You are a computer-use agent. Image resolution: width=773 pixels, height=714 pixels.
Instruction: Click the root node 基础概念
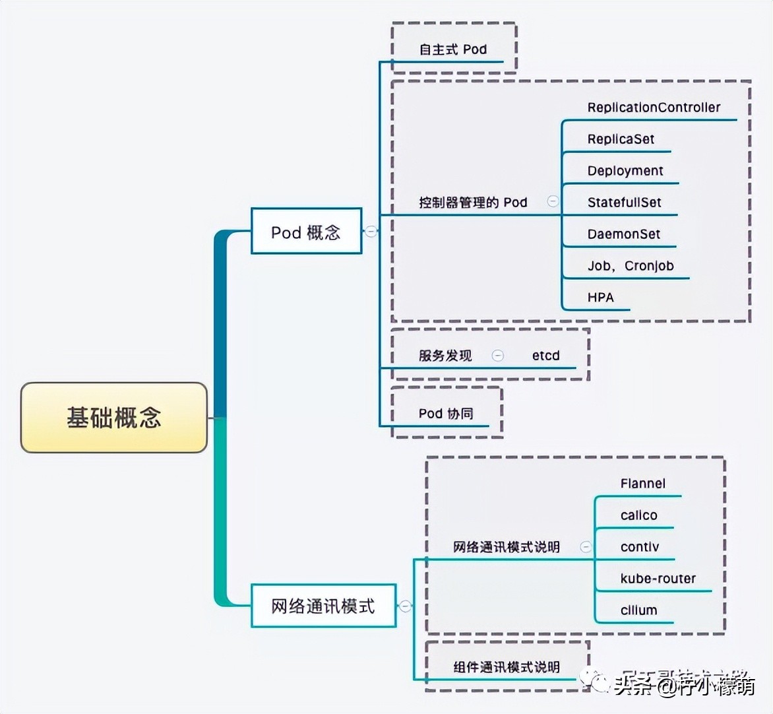click(x=114, y=418)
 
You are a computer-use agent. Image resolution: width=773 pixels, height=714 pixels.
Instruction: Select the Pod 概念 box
click(x=306, y=232)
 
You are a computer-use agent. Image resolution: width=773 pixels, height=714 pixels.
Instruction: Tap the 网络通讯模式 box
click(x=323, y=606)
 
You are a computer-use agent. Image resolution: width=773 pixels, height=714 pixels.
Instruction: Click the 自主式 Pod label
click(x=452, y=49)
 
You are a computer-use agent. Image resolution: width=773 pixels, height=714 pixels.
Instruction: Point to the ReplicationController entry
click(x=654, y=108)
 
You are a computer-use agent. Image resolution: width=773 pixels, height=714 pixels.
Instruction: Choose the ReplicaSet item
click(x=621, y=139)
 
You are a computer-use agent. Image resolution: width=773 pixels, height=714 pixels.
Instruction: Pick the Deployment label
click(x=625, y=171)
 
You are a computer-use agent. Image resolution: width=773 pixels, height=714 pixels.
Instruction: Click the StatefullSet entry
click(x=624, y=203)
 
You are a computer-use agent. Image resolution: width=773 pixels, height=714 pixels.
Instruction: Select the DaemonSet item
click(x=623, y=234)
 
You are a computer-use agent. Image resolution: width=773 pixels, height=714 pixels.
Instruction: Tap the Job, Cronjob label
click(x=631, y=266)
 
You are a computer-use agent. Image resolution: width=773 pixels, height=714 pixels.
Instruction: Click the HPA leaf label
click(x=600, y=298)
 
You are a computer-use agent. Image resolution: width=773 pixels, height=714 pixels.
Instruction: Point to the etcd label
click(x=545, y=356)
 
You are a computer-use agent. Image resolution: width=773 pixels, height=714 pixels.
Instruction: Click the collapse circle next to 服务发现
click(x=498, y=356)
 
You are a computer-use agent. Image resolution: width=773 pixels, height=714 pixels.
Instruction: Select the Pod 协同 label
click(x=446, y=414)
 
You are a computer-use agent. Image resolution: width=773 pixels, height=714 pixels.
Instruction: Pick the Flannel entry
click(x=642, y=484)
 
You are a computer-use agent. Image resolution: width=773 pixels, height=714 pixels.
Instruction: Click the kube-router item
click(x=658, y=579)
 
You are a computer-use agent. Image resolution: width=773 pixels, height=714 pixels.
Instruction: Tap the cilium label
click(x=638, y=610)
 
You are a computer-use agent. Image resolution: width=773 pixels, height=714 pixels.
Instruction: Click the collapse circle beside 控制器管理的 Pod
click(x=553, y=201)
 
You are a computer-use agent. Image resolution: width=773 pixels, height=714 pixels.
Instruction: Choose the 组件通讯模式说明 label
click(x=506, y=667)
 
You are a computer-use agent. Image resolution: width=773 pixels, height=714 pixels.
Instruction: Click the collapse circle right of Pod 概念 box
click(x=371, y=232)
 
